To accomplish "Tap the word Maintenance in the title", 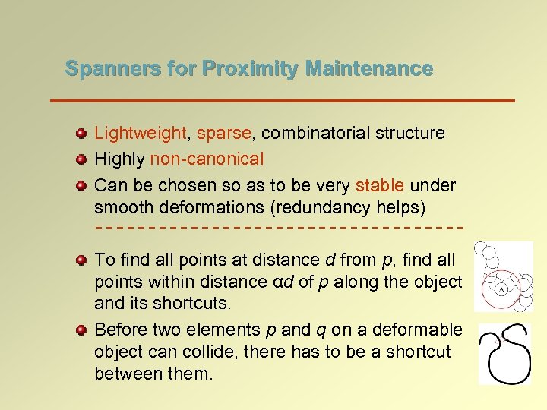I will [369, 69].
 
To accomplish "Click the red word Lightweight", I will [140, 134].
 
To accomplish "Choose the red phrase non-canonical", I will [207, 159].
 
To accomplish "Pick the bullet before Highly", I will [81, 160].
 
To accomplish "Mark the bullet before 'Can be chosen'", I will [81, 186].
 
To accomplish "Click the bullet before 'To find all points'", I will [81, 260].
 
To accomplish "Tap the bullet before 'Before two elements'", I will [81, 330].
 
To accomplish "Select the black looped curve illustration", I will [504, 354].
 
